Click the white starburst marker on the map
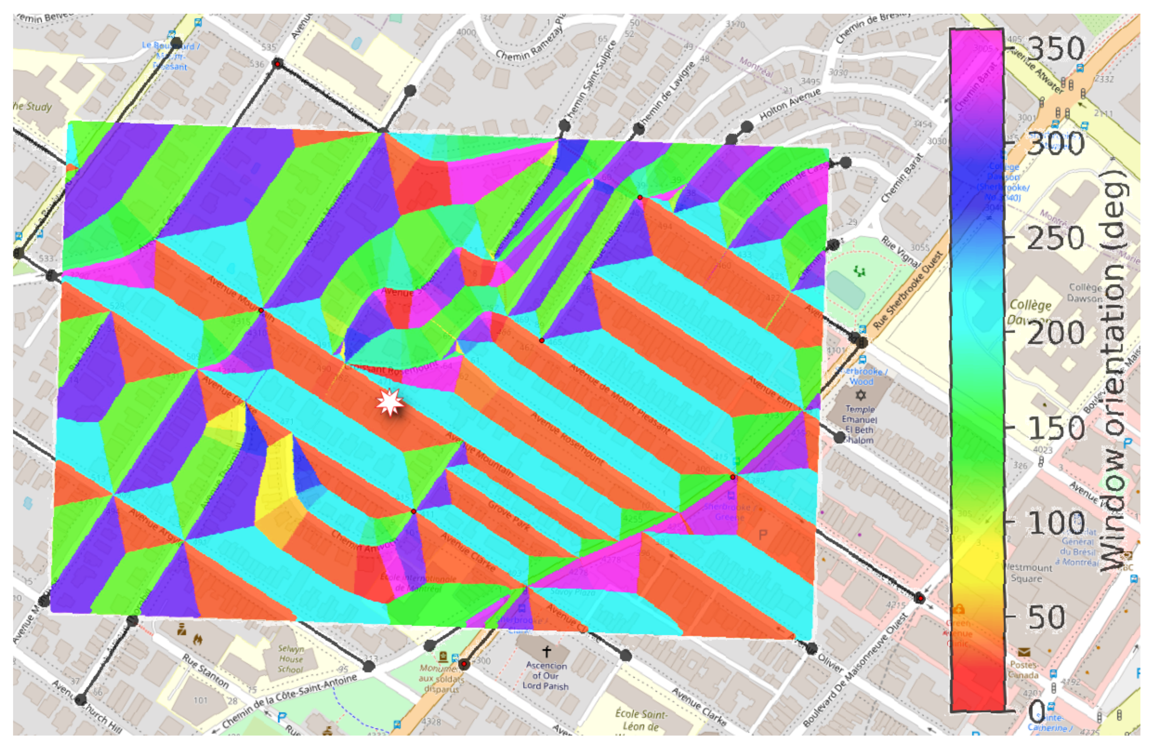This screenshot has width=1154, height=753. click(x=390, y=402)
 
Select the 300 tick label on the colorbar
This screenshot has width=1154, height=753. click(x=1056, y=144)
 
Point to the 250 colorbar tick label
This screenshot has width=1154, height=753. click(x=1056, y=238)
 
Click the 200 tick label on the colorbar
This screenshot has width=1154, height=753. click(x=1056, y=333)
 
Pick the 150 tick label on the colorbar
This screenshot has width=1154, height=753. click(x=1056, y=428)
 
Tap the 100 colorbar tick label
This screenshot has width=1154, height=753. click(x=1056, y=523)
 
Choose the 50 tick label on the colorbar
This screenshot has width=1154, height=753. click(x=1046, y=618)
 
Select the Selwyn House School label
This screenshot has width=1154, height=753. click(x=291, y=659)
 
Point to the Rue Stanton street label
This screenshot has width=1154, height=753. click(x=206, y=671)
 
